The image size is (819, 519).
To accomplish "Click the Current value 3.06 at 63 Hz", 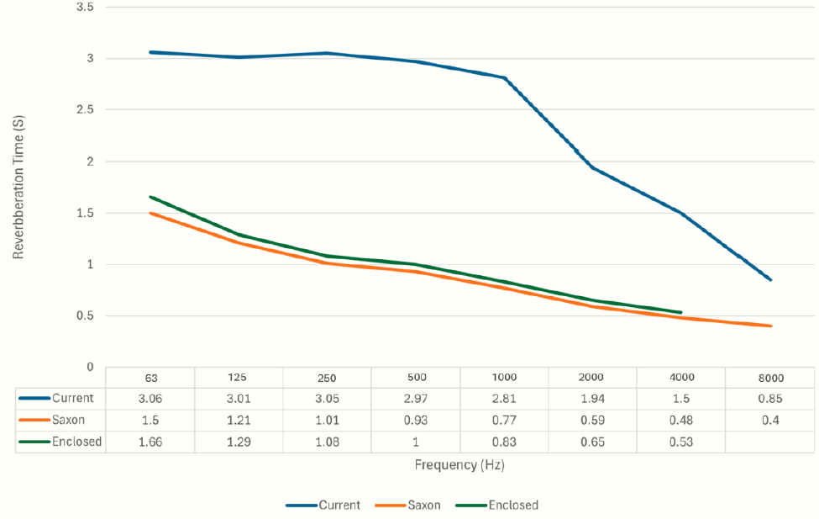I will (151, 398).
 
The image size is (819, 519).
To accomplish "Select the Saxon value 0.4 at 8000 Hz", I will (770, 420).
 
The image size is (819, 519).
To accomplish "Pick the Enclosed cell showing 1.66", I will (151, 442).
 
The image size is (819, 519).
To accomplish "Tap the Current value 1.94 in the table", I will (593, 398).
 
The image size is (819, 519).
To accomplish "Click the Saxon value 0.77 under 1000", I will (505, 420).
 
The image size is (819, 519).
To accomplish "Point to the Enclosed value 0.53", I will (681, 442).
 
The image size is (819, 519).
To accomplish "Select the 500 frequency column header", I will (417, 378).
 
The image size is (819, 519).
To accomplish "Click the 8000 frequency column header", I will (770, 378).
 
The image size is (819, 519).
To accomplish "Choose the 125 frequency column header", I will (239, 378).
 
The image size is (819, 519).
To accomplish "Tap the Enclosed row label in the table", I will (76, 442).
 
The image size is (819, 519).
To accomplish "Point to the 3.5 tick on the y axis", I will (85, 7).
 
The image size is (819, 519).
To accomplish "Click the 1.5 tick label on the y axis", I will (85, 213).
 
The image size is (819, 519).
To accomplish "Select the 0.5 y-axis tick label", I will (85, 316).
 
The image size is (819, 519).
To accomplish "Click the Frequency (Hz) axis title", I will (459, 464).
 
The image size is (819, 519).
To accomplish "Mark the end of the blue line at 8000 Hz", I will (770, 279).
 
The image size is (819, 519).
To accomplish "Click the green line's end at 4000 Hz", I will (680, 312).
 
